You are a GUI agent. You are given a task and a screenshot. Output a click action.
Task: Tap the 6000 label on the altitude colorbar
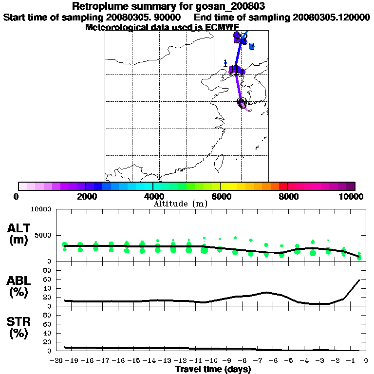221,196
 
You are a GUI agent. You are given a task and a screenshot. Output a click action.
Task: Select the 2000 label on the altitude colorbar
86,196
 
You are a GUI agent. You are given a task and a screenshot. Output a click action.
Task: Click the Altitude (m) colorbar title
181,204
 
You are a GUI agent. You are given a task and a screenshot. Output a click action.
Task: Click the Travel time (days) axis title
213,370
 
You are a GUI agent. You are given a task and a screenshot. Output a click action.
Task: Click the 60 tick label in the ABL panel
48,280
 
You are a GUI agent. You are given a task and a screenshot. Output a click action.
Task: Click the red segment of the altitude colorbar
283,186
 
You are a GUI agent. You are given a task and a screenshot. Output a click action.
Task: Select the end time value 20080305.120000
331,17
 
